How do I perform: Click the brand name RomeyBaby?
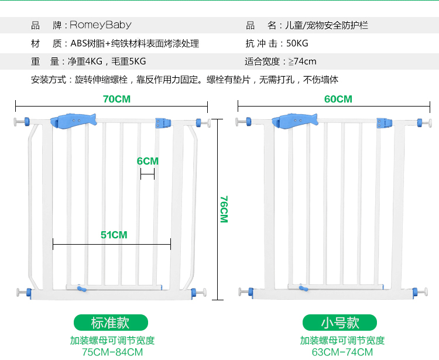pos(101,25)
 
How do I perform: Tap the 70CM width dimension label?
pos(116,99)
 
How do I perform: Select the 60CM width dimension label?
pos(338,99)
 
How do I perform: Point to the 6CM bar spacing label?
pos(148,161)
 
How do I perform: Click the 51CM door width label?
pos(114,235)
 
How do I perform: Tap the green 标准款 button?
pos(111,323)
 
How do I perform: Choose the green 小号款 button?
pos(339,323)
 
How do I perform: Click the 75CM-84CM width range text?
pos(112,352)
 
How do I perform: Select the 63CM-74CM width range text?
pos(342,352)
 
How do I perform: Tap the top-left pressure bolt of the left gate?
pos(22,122)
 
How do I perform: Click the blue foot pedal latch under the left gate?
pos(80,289)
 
